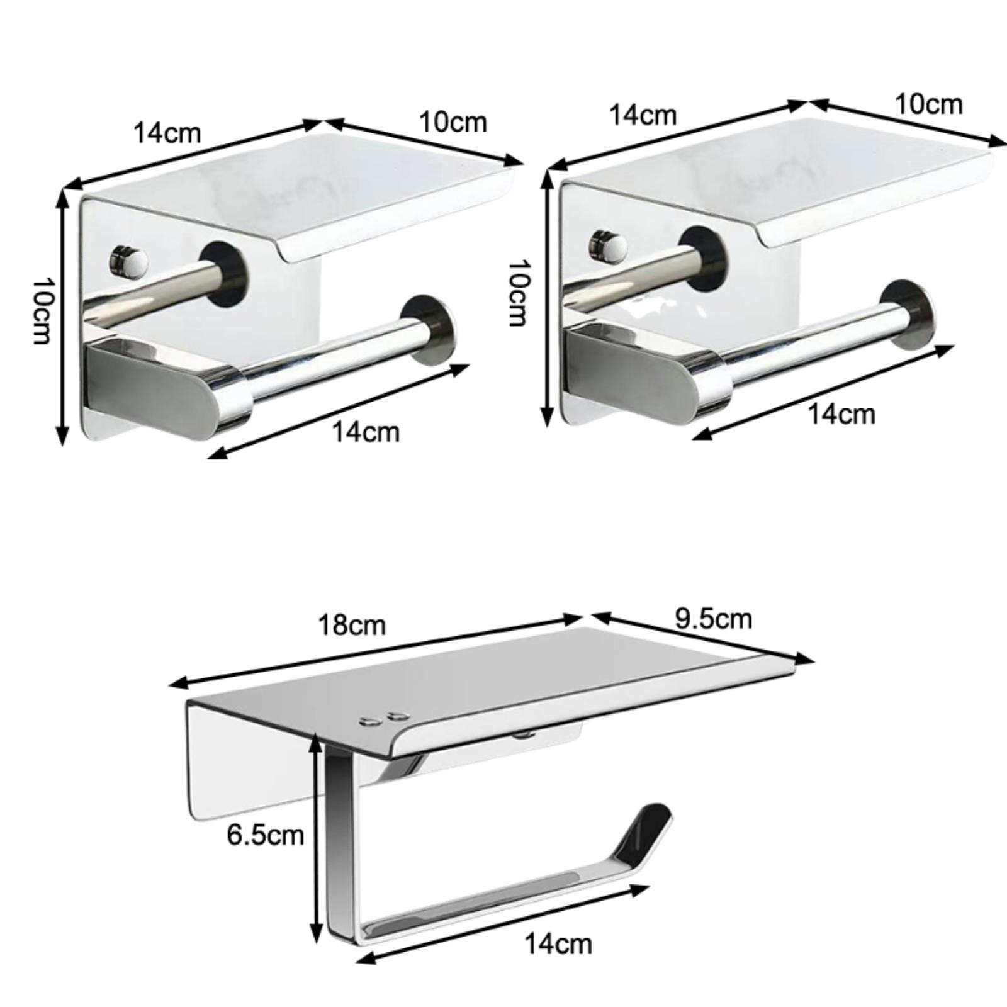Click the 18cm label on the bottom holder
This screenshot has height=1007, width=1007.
[352, 625]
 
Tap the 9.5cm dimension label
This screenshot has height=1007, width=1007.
[714, 618]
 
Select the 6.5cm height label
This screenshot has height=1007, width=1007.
[266, 835]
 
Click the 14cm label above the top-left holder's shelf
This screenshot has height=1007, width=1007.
[167, 133]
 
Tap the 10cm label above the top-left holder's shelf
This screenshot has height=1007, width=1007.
[453, 121]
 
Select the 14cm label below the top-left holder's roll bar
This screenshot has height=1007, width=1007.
[366, 432]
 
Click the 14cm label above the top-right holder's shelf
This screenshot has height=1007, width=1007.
[643, 115]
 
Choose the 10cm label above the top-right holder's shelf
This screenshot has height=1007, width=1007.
[929, 104]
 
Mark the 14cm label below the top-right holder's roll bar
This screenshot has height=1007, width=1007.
[841, 413]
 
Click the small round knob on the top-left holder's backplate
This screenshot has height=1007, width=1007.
[128, 260]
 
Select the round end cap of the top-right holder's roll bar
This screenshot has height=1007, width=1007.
[907, 315]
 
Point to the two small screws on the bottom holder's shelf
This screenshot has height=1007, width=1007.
[382, 719]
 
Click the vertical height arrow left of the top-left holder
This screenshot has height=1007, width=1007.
[62, 317]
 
